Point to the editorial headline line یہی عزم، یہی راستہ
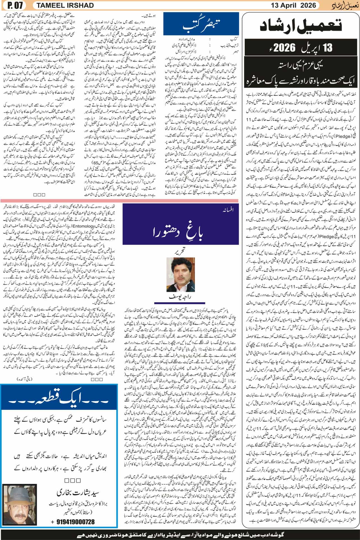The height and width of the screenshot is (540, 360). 301,66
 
